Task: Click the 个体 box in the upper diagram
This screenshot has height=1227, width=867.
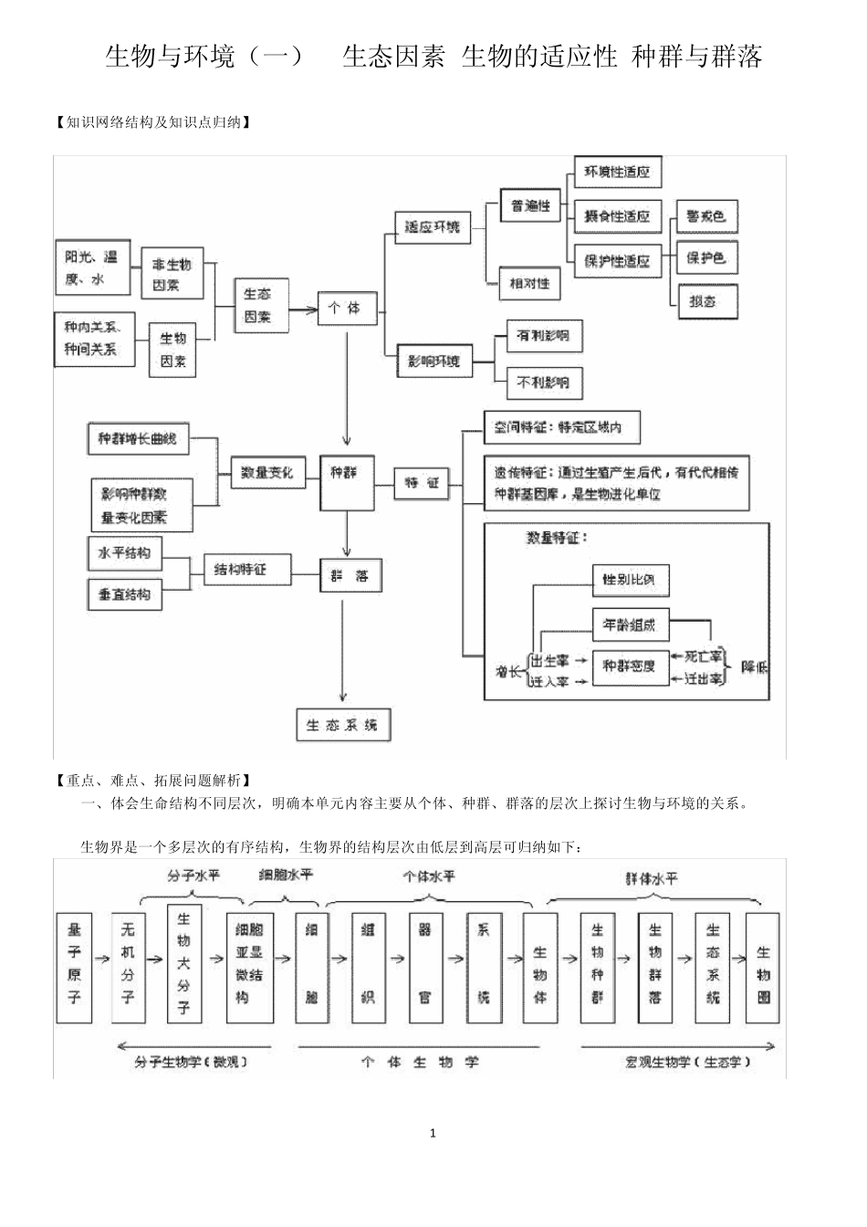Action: [346, 308]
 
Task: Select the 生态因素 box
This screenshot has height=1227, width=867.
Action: [260, 305]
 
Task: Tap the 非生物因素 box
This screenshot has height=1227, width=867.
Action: [172, 273]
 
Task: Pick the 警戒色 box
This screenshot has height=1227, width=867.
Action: [705, 216]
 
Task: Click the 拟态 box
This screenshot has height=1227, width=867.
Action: [704, 301]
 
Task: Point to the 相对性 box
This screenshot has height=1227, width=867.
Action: [530, 283]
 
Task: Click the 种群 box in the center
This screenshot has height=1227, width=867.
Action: [346, 480]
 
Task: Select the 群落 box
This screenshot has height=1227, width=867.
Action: [350, 576]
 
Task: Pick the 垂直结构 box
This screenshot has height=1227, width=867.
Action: [124, 594]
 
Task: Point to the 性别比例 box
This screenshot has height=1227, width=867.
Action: [629, 579]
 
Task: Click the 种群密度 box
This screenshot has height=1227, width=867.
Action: [629, 666]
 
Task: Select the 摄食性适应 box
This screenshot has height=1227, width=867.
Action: [617, 215]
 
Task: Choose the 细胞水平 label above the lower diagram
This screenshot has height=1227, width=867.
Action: [286, 875]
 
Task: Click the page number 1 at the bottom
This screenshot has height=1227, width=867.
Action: [433, 1133]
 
